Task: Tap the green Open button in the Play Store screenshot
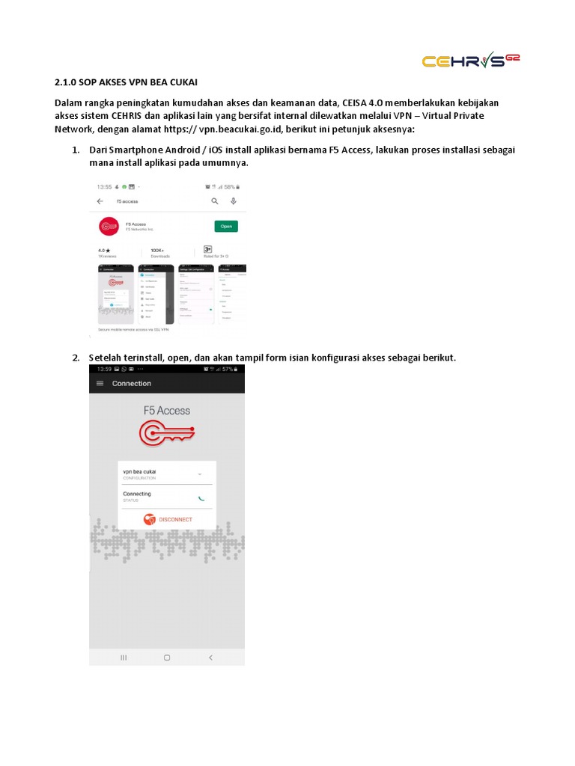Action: [226, 226]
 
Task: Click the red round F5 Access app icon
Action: [109, 225]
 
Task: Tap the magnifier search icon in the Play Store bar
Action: [215, 201]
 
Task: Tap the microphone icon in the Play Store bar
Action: [234, 201]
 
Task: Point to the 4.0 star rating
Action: [104, 250]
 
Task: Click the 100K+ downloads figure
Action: [157, 250]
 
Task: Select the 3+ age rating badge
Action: [207, 249]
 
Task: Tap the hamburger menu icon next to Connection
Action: [100, 383]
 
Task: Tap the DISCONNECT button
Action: [168, 519]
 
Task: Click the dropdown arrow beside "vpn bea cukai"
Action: [199, 474]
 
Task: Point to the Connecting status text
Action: [136, 494]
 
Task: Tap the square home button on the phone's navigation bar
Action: [167, 657]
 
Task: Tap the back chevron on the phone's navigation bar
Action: [210, 657]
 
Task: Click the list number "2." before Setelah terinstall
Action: [76, 358]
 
